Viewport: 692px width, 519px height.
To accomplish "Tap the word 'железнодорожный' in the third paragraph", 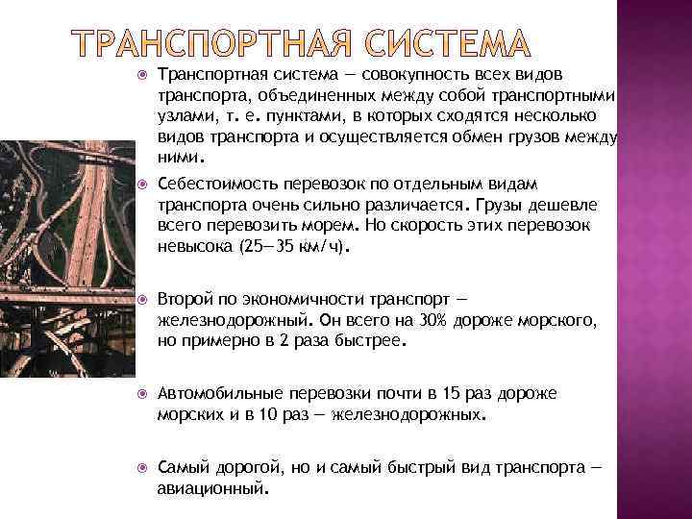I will tap(227, 319).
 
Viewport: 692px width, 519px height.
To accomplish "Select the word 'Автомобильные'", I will tap(215, 394).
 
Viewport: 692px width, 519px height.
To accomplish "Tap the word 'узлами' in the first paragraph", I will tap(182, 116).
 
